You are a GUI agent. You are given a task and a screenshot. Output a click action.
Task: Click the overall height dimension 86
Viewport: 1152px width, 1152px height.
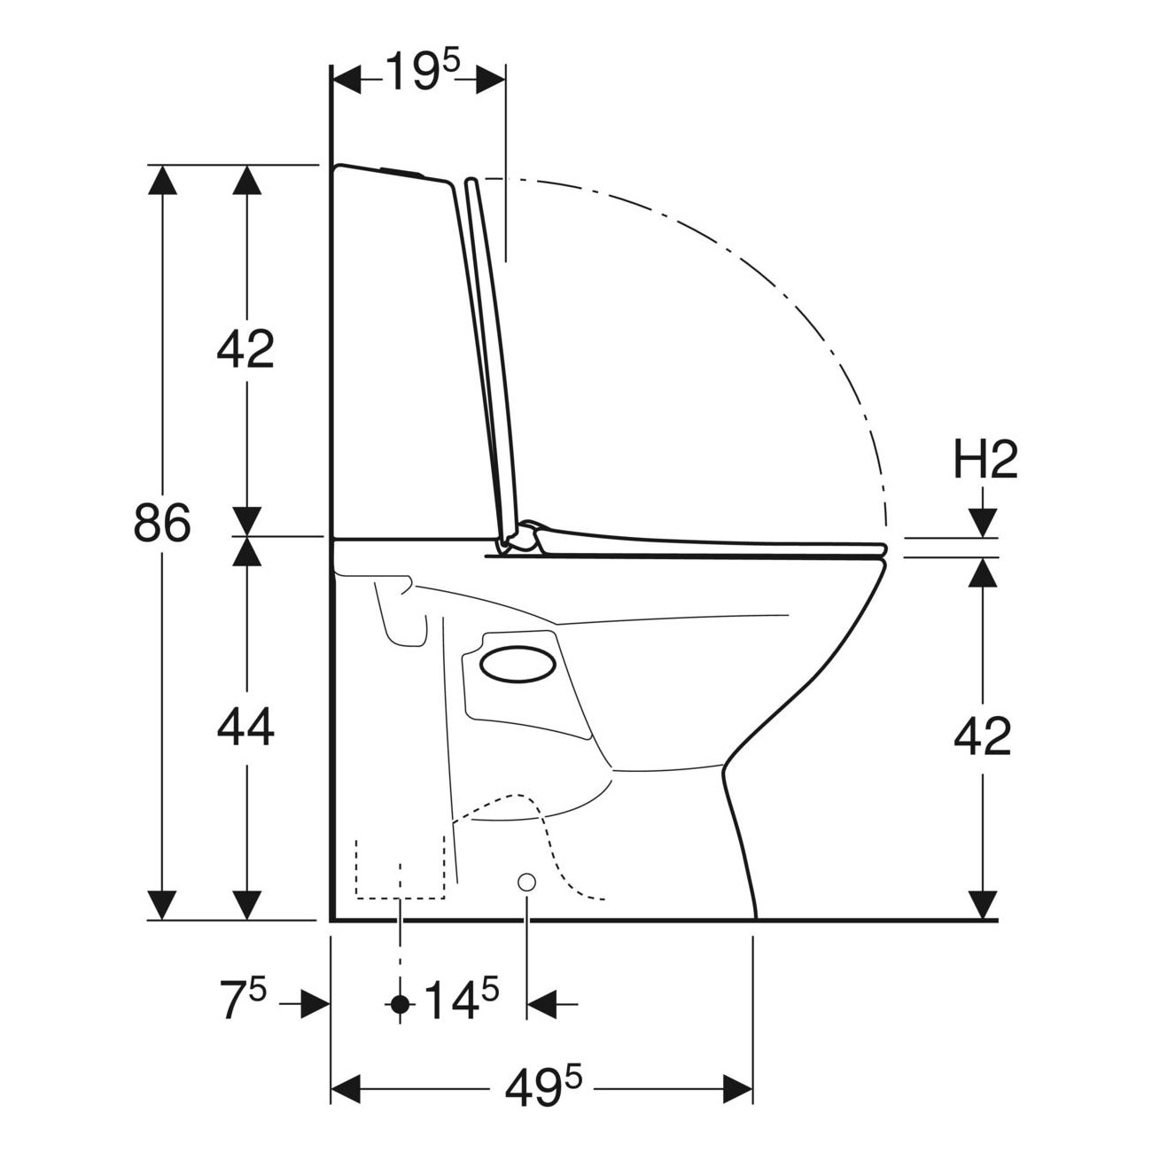pyautogui.click(x=162, y=522)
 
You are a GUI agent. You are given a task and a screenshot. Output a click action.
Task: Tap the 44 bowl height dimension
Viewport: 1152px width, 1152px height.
pyautogui.click(x=245, y=727)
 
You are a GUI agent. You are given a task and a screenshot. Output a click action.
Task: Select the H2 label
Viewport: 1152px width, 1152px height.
pyautogui.click(x=985, y=462)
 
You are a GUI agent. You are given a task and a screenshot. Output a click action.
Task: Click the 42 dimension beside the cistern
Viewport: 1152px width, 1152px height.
pyautogui.click(x=245, y=348)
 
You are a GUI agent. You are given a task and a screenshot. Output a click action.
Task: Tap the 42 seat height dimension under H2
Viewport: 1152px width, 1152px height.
pyautogui.click(x=982, y=736)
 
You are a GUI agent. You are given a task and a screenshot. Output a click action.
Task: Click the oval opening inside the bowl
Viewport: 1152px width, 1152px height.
pyautogui.click(x=518, y=664)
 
